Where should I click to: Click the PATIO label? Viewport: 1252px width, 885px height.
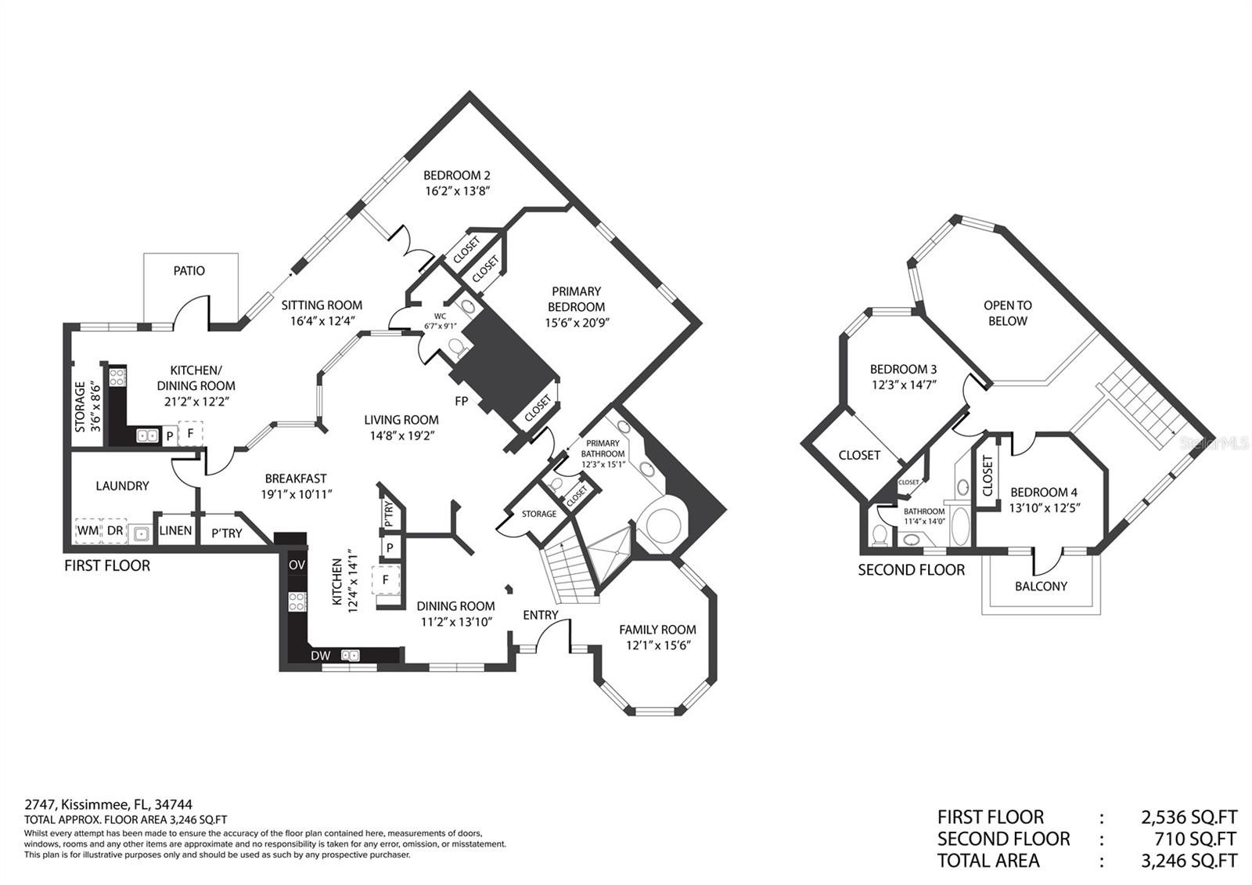189,271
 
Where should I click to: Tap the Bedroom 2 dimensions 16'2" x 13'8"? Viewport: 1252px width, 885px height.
457,191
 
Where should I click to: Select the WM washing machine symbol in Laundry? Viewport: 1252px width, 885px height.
88,530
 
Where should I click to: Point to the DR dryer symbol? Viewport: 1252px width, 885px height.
114,530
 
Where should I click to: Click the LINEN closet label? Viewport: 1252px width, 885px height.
175,530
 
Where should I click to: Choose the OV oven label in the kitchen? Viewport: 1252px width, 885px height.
297,565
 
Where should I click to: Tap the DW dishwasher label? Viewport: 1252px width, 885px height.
321,656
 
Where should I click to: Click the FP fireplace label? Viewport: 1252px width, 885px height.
461,401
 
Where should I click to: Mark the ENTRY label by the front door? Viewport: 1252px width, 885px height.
541,616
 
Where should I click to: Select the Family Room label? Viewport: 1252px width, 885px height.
657,630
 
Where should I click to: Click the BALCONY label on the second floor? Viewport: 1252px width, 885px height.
1041,587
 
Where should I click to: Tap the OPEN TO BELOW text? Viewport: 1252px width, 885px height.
1008,313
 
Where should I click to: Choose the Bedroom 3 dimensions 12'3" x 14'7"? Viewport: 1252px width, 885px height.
904,385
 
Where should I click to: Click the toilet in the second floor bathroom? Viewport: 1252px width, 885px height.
880,534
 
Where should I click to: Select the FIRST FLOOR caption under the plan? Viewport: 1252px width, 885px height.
107,565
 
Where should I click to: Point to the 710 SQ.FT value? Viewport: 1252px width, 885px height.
1196,839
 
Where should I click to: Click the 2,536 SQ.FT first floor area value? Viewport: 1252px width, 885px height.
1189,818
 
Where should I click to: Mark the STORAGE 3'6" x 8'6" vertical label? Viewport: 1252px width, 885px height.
88,406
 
